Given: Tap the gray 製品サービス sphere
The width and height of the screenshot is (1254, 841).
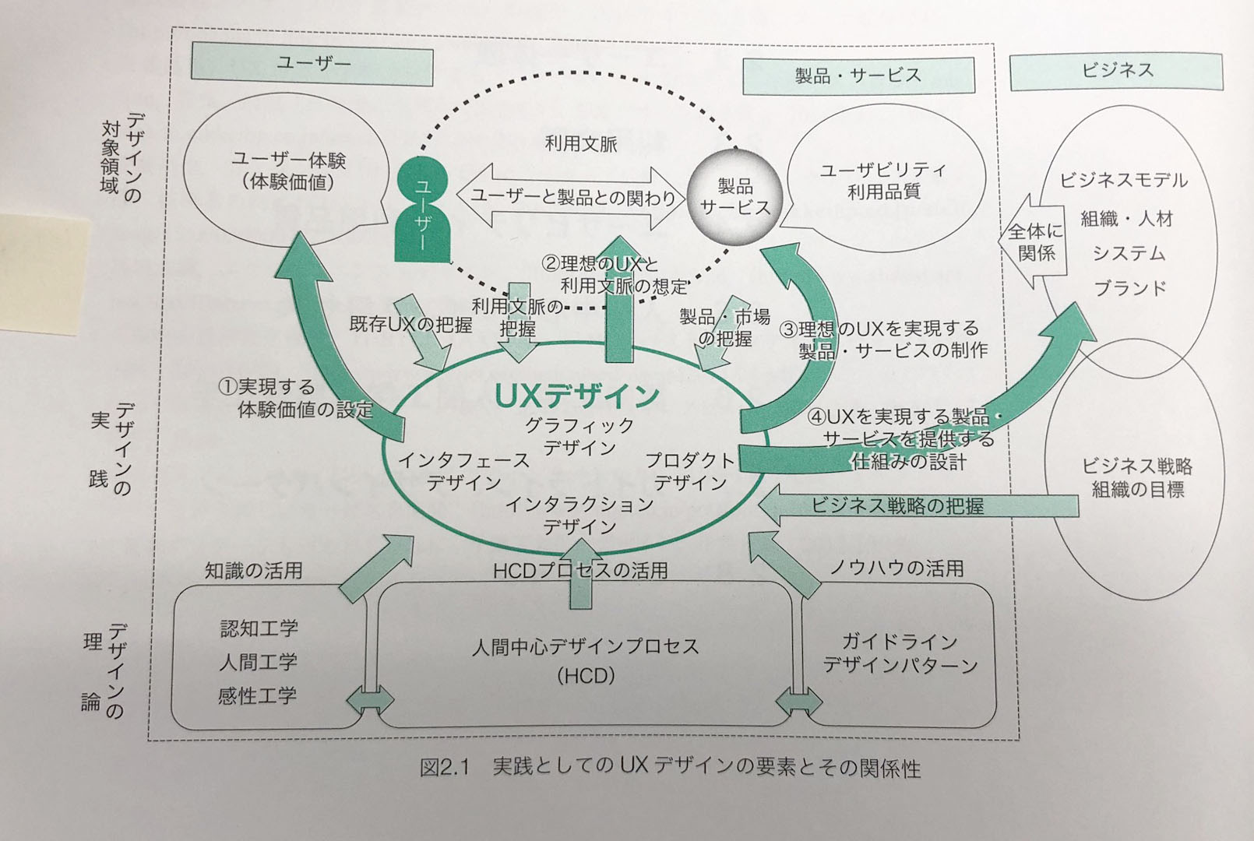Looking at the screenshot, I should pyautogui.click(x=733, y=196).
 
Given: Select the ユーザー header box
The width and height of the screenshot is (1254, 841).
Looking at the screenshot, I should pyautogui.click(x=312, y=64).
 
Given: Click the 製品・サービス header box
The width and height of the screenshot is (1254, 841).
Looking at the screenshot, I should pyautogui.click(x=858, y=76).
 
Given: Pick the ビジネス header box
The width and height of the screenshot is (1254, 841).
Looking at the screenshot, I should pyautogui.click(x=1116, y=71).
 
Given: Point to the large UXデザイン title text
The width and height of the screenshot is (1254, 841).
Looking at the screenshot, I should pyautogui.click(x=577, y=396).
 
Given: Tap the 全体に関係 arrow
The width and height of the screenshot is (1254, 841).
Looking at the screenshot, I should pyautogui.click(x=1033, y=241).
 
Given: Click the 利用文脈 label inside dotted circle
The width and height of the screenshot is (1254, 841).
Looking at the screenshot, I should pyautogui.click(x=580, y=143).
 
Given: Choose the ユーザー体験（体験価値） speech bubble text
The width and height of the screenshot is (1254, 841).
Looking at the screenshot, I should pyautogui.click(x=288, y=171).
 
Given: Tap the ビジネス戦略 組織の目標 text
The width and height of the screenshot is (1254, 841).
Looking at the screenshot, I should pyautogui.click(x=1136, y=477).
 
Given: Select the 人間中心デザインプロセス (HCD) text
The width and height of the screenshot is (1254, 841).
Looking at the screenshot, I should pyautogui.click(x=586, y=660).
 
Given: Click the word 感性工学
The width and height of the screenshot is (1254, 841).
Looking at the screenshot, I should pyautogui.click(x=257, y=695).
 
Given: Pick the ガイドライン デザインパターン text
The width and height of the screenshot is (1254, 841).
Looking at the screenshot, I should pyautogui.click(x=900, y=653).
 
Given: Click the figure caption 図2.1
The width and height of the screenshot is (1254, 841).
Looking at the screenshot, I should pyautogui.click(x=445, y=768).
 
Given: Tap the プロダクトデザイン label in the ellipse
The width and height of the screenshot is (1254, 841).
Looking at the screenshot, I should pyautogui.click(x=690, y=471).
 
